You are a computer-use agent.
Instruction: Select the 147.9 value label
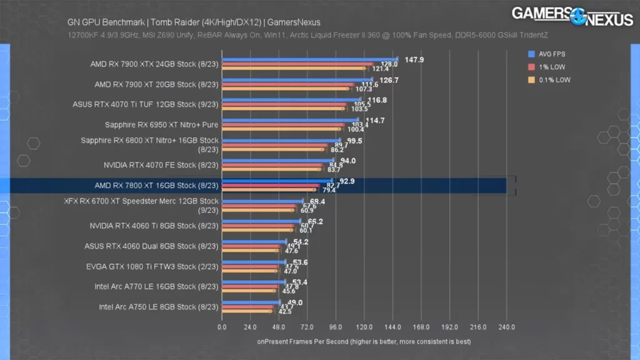click(x=414, y=60)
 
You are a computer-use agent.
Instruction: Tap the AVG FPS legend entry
click(x=551, y=54)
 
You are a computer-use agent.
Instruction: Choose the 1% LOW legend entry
click(x=549, y=67)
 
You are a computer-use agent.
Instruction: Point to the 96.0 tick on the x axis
click(x=336, y=327)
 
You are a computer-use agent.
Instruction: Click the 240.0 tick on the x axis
click(x=506, y=327)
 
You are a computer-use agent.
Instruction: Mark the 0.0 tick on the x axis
click(x=222, y=327)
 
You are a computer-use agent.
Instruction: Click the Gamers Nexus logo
click(x=572, y=16)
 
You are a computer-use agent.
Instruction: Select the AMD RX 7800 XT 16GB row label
click(x=156, y=186)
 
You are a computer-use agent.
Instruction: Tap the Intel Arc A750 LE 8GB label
click(x=158, y=307)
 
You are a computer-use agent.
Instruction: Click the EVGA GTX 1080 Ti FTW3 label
click(x=152, y=266)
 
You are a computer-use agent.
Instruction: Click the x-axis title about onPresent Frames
click(x=364, y=342)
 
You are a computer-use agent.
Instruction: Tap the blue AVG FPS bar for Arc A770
click(x=253, y=282)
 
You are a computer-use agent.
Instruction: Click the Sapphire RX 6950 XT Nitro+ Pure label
click(x=161, y=124)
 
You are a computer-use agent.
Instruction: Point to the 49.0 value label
click(x=295, y=302)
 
